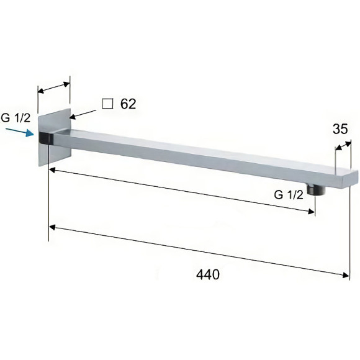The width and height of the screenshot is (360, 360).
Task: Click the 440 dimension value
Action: [208, 274]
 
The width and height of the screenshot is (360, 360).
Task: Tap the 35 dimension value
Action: [340, 129]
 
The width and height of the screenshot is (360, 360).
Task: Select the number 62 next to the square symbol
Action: [128, 104]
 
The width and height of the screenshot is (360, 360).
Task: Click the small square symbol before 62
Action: [107, 104]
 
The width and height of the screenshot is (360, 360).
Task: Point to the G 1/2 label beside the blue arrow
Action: [16, 118]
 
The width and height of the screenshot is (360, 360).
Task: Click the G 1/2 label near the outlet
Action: [289, 195]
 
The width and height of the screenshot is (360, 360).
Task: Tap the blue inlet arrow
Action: [20, 132]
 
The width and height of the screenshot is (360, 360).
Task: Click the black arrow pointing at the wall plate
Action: [83, 114]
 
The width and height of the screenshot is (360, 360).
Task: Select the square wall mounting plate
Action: [55, 137]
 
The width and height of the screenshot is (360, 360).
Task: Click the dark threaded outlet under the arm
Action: [317, 190]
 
